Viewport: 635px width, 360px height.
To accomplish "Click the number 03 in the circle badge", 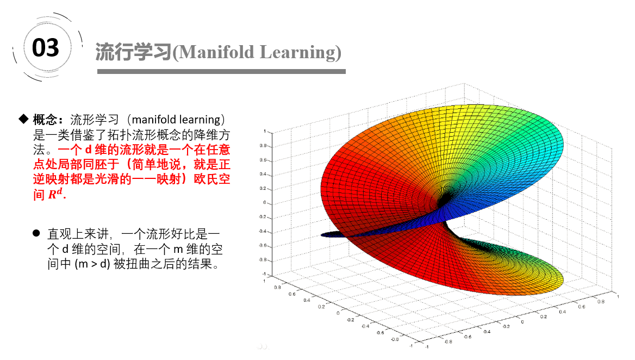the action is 45,48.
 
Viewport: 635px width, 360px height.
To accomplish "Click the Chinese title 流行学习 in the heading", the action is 134,52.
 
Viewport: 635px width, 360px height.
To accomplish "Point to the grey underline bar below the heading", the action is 221,71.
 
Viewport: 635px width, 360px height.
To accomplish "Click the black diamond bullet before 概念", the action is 23,119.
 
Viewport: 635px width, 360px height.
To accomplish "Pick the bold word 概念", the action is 45,120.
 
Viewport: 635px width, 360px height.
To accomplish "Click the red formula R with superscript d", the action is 55,194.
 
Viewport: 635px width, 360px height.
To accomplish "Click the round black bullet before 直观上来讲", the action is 36,233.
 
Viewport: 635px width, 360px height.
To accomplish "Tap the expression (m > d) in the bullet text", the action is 92,264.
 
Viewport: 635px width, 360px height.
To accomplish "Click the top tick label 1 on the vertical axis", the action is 265,131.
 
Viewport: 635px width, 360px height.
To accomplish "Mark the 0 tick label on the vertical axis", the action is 265,202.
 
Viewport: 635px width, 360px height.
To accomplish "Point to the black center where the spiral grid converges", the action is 445,199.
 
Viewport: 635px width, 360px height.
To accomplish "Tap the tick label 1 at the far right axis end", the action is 618,296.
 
